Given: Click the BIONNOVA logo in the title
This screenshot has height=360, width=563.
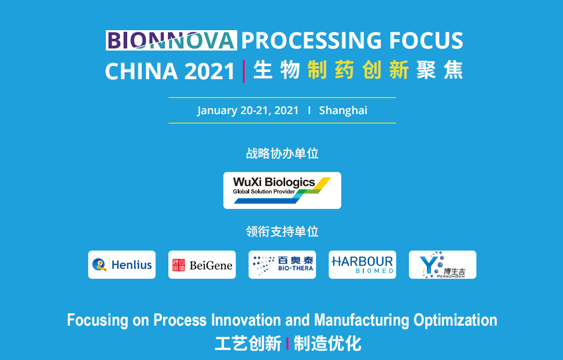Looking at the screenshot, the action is click(172, 40).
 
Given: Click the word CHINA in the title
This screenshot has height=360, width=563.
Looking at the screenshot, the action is click(141, 71).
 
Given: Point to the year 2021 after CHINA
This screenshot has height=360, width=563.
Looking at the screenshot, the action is click(210, 71).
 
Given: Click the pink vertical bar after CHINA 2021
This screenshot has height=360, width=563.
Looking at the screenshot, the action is click(244, 71).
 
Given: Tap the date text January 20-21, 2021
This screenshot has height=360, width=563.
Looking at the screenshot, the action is click(248, 110).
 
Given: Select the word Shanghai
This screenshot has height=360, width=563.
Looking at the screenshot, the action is click(343, 110).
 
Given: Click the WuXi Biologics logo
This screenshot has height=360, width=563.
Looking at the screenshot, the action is click(282, 190).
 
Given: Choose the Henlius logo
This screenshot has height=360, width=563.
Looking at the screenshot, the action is click(121, 265).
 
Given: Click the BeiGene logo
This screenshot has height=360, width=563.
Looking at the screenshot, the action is click(202, 265).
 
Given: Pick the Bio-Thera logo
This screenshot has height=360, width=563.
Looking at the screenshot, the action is click(282, 265).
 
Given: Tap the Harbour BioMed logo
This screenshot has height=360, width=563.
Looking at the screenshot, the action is click(362, 265).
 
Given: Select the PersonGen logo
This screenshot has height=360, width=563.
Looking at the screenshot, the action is click(443, 265).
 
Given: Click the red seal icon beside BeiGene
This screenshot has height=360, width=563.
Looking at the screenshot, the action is click(178, 265).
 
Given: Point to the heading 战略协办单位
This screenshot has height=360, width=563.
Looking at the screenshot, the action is click(282, 153).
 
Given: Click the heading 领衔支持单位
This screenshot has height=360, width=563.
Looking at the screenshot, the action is click(282, 231).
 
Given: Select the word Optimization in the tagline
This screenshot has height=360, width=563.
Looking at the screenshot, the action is click(455, 320).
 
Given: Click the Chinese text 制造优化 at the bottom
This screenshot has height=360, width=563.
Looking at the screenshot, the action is click(327, 343).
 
